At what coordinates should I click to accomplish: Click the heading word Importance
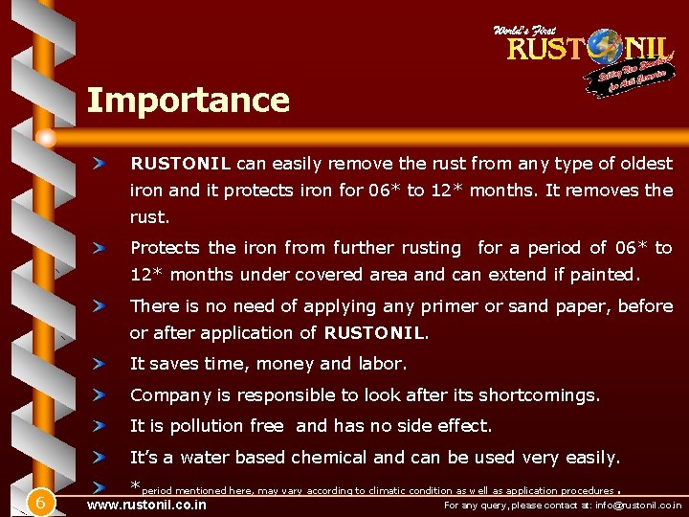coord(188,101)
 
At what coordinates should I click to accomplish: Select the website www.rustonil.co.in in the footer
coord(146,504)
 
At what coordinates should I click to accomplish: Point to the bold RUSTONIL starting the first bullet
coord(181,164)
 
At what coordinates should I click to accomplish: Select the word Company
coord(170,395)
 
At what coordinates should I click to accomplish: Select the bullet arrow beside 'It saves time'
coord(99,364)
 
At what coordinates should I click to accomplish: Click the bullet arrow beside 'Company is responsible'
coord(99,394)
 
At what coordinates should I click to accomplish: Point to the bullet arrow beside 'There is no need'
coord(99,306)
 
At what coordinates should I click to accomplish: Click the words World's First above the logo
coord(523,31)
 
